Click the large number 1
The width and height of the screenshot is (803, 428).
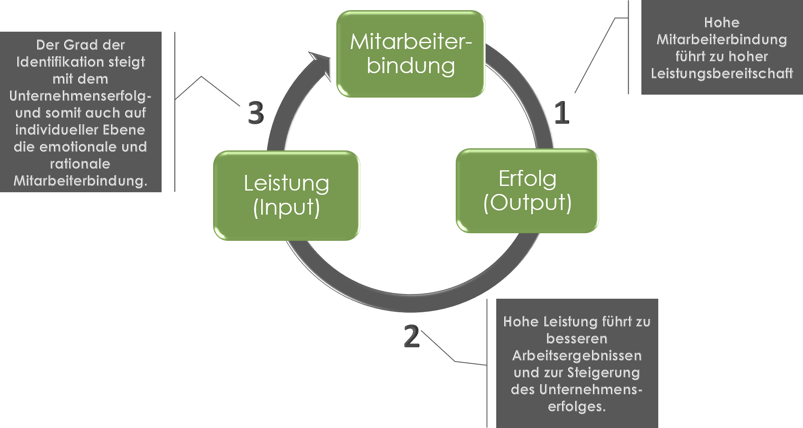pyautogui.click(x=562, y=113)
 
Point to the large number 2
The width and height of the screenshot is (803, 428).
pyautogui.click(x=411, y=336)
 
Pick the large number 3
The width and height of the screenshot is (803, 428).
pyautogui.click(x=256, y=113)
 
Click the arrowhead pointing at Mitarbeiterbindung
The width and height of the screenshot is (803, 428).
pyautogui.click(x=322, y=64)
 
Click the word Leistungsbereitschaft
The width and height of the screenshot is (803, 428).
pyautogui.click(x=722, y=74)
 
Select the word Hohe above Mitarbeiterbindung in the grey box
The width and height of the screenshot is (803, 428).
pyautogui.click(x=722, y=22)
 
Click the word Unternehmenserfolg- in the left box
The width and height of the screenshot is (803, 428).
pyautogui.click(x=80, y=96)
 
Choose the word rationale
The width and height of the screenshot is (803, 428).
pyautogui.click(x=80, y=164)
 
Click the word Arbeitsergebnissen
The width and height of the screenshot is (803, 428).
pyautogui.click(x=577, y=355)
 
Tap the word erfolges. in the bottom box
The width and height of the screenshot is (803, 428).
pyautogui.click(x=577, y=406)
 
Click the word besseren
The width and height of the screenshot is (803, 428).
pyautogui.click(x=577, y=338)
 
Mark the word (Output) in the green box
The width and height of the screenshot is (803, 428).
pyautogui.click(x=527, y=202)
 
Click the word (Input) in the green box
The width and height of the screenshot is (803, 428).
pyautogui.click(x=287, y=207)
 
